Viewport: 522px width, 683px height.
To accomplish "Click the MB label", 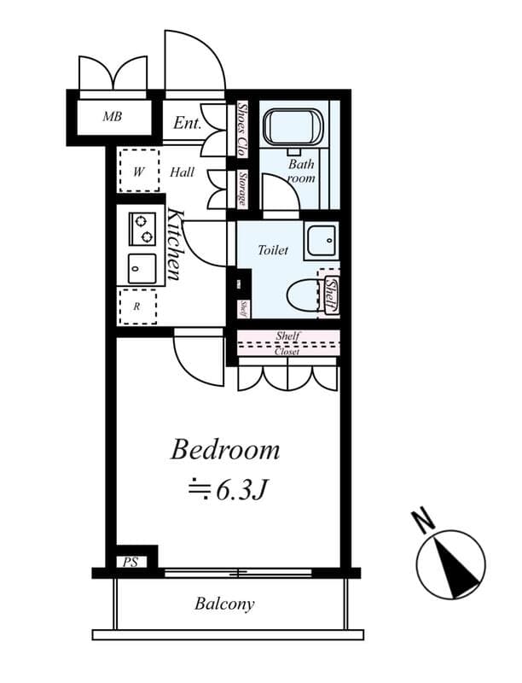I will click(112, 116).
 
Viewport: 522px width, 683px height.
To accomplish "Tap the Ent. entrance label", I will click(187, 123).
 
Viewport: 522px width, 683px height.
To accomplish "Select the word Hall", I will click(182, 172).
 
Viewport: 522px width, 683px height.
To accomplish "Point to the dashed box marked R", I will click(137, 306).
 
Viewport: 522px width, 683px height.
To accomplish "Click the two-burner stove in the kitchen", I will click(142, 229).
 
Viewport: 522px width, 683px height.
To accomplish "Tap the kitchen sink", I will click(142, 269).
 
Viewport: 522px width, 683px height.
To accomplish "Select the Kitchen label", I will click(174, 244).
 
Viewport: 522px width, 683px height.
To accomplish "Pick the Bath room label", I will click(301, 172).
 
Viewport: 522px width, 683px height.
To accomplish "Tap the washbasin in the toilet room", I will click(322, 241).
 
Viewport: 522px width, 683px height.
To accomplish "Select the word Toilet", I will click(274, 251).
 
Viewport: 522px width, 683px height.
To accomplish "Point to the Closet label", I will click(287, 351).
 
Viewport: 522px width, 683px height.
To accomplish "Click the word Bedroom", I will click(225, 450).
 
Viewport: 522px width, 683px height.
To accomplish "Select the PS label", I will click(130, 562).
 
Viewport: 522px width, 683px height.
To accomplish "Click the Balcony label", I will click(224, 604).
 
